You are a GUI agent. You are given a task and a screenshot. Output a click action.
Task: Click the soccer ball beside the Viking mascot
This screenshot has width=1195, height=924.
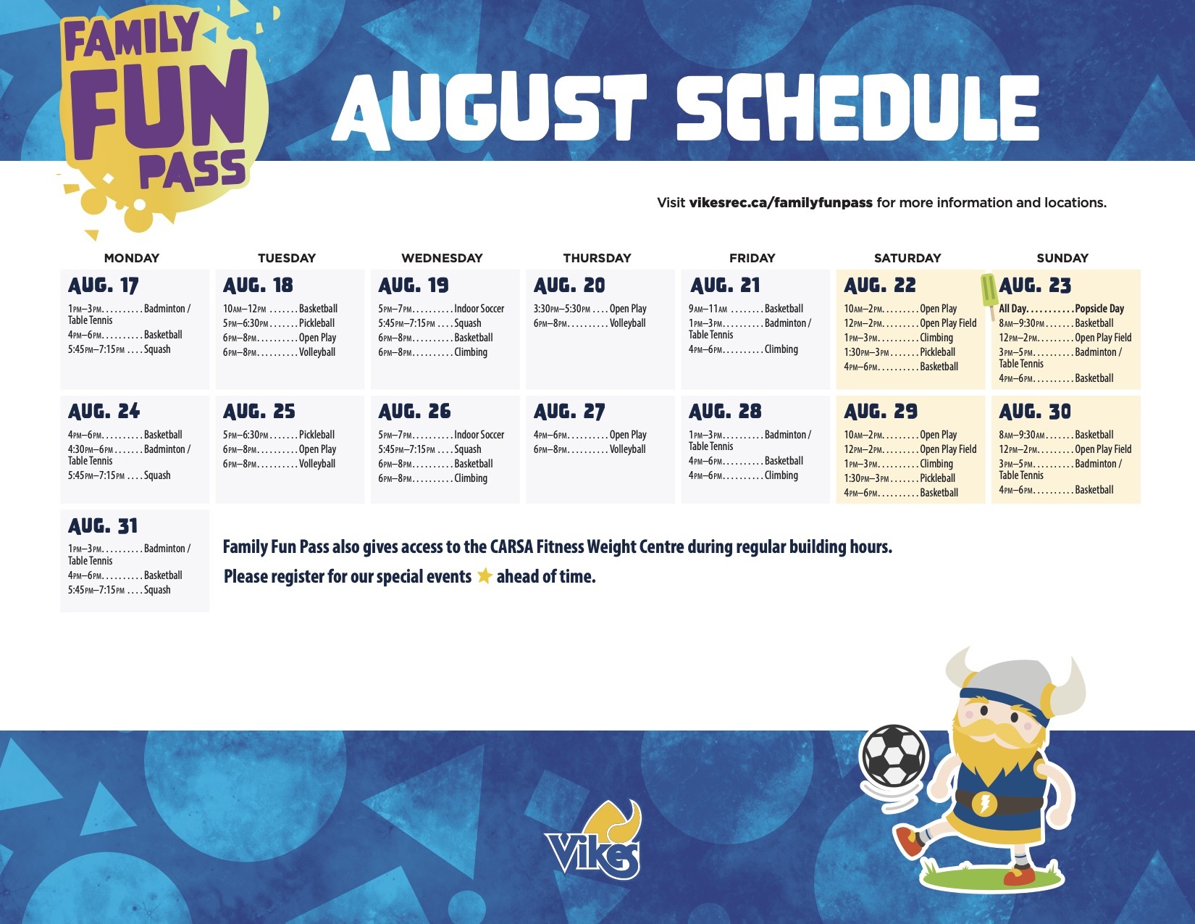pos(894,756)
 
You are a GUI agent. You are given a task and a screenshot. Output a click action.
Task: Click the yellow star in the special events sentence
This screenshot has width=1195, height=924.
pos(485,575)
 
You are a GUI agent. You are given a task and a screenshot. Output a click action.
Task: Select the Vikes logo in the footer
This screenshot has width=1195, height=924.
pos(593,841)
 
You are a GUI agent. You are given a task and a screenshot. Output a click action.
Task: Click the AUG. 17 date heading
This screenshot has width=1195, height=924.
pos(104,285)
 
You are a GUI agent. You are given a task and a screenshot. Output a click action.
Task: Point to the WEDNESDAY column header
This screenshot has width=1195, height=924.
pos(442,257)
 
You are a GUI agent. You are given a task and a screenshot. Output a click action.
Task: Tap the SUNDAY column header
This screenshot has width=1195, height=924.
pos(1062,257)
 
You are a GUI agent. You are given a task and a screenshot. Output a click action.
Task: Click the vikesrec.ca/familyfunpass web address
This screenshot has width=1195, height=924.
pos(781,202)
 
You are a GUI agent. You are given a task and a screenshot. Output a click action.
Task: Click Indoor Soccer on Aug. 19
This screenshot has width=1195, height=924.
pos(479,308)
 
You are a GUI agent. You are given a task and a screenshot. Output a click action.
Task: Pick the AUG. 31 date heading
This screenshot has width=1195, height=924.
pos(103,525)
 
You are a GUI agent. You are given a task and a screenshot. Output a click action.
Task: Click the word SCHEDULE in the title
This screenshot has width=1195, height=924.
pos(858,109)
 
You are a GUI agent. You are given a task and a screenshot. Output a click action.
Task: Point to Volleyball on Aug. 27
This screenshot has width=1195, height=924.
pos(627,449)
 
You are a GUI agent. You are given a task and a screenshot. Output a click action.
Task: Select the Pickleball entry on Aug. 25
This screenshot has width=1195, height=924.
pos(316,434)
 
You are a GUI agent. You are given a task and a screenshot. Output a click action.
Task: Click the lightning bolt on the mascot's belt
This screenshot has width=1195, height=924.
pos(984,804)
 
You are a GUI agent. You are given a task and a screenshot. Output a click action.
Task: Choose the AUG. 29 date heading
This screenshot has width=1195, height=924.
pos(881,411)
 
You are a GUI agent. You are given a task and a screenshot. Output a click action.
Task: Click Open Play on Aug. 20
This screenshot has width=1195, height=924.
pos(628,308)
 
